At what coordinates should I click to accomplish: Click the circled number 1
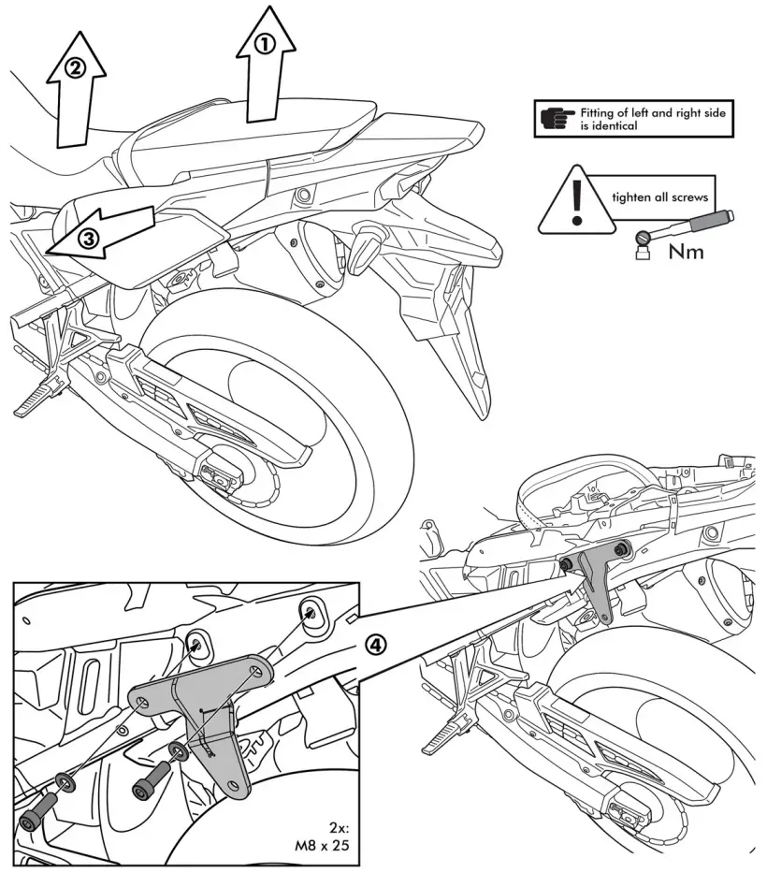(x=266, y=43)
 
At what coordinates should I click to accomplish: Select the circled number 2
(x=76, y=66)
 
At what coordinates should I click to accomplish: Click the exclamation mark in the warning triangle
(x=577, y=200)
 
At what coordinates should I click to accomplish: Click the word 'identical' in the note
(x=609, y=125)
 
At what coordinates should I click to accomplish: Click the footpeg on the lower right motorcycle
(x=442, y=739)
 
